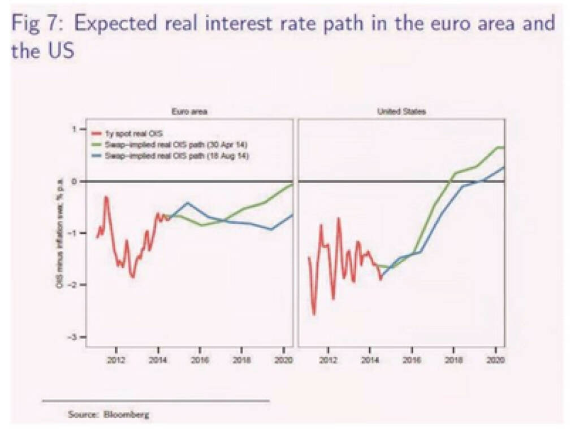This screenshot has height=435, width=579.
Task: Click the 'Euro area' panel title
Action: point(189,112)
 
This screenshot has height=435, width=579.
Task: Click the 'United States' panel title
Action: point(401,112)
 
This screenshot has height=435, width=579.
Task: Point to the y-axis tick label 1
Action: point(74,129)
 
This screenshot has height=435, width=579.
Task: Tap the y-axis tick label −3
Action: point(73,337)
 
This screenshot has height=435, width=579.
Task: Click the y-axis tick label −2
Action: point(73,285)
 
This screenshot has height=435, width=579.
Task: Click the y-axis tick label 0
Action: point(74,181)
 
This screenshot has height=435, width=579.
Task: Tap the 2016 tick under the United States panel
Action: point(412,359)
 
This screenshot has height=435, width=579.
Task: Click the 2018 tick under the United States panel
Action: point(453,359)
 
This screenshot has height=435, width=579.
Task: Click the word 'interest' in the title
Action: point(245,24)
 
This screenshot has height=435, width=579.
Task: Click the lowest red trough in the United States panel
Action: point(314,314)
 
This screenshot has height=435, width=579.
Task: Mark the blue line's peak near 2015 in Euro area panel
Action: point(188,202)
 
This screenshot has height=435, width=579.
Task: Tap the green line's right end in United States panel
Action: point(502,147)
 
